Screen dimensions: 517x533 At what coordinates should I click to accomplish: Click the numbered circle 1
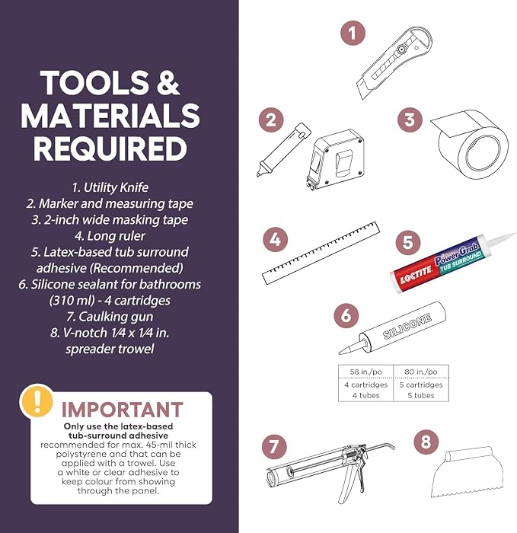pyautogui.click(x=353, y=34)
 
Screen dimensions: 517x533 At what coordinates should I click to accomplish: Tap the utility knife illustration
pyautogui.click(x=394, y=62)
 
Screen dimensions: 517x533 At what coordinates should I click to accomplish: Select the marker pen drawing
pyautogui.click(x=283, y=149)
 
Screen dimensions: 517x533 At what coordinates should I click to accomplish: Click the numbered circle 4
pyautogui.click(x=276, y=240)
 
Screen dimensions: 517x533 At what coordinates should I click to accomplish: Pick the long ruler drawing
pyautogui.click(x=321, y=254)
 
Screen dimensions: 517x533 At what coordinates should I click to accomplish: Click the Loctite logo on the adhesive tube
pyautogui.click(x=416, y=275)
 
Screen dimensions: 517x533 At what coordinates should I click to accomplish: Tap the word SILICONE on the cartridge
pyautogui.click(x=407, y=327)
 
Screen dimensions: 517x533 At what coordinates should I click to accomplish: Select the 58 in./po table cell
pyautogui.click(x=365, y=372)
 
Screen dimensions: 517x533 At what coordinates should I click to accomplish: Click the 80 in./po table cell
pyautogui.click(x=421, y=372)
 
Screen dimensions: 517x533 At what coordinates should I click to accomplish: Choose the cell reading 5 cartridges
pyautogui.click(x=421, y=385)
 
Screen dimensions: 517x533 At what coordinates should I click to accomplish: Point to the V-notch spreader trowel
pyautogui.click(x=468, y=472)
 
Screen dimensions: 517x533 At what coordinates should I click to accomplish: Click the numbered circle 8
pyautogui.click(x=426, y=442)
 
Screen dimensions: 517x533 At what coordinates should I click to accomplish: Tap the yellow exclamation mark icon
pyautogui.click(x=37, y=401)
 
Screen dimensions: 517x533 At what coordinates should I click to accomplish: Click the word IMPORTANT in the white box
pyautogui.click(x=122, y=410)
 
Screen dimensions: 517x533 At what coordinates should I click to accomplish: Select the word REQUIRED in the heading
pyautogui.click(x=110, y=148)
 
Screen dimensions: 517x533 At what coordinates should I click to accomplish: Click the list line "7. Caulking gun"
pyautogui.click(x=110, y=317)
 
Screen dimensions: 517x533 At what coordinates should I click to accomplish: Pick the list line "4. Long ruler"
pyautogui.click(x=110, y=235)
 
